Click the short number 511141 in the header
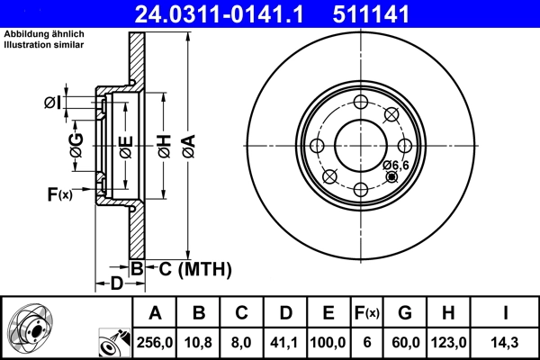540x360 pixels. click(396, 13)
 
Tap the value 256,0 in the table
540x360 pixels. click(155, 343)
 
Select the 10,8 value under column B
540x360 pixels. click(199, 343)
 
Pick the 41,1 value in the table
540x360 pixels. click(284, 343)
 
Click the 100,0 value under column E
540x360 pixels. click(328, 343)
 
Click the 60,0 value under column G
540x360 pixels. click(405, 343)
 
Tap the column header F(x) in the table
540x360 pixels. click(367, 313)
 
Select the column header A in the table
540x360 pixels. click(155, 313)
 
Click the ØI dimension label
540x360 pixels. click(53, 103)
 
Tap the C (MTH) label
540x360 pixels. click(190, 268)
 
